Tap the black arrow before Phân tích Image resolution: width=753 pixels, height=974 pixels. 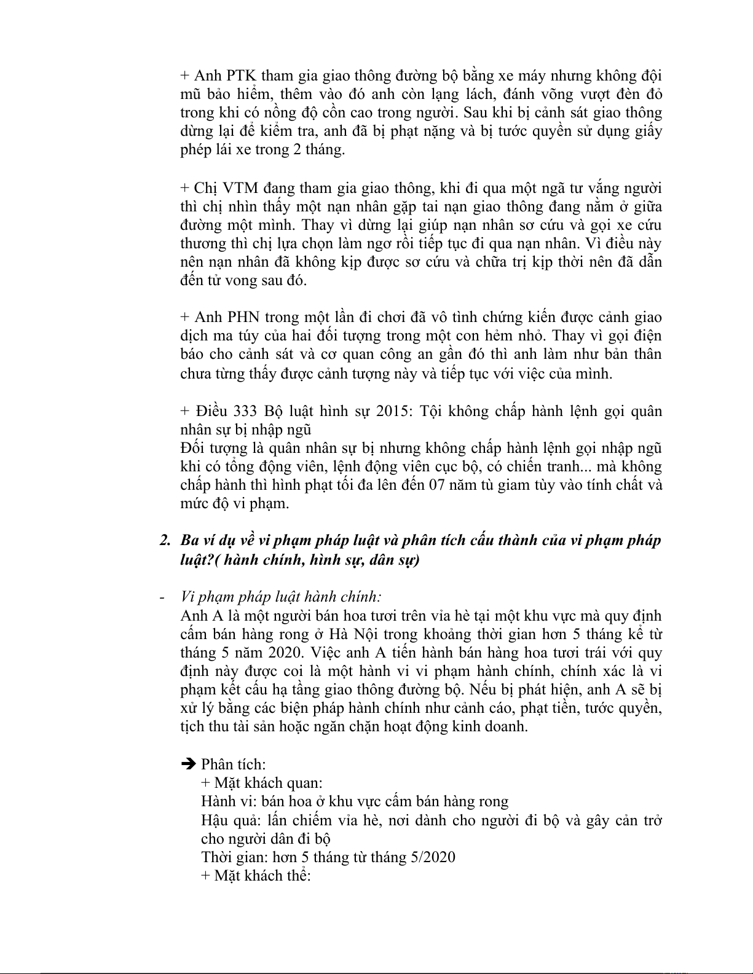point(189,764)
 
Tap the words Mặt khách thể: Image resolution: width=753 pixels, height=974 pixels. point(262,875)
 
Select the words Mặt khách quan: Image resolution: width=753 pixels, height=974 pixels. point(268,782)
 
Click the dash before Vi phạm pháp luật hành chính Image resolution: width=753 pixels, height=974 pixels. point(162,597)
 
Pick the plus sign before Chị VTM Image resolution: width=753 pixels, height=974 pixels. point(184,188)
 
